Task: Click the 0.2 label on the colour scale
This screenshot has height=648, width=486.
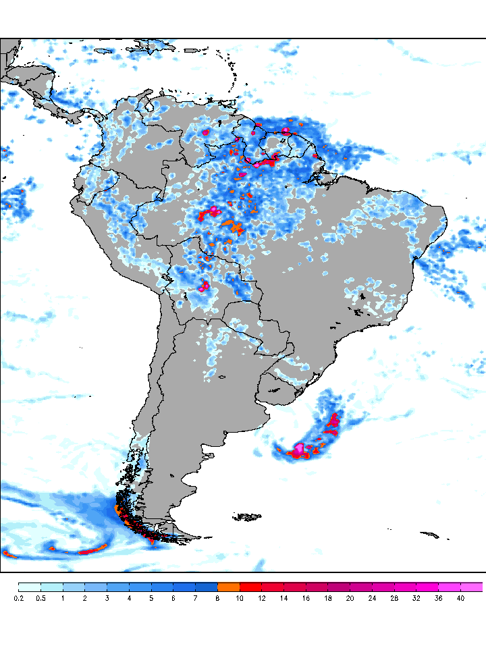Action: tap(19, 598)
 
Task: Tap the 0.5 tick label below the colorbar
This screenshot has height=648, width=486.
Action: tap(40, 598)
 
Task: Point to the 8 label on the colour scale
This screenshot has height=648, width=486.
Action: tap(217, 598)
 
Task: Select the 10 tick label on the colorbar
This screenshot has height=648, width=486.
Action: tap(240, 598)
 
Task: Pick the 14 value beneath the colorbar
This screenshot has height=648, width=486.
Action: tap(283, 598)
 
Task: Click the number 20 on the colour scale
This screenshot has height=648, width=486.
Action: tap(350, 598)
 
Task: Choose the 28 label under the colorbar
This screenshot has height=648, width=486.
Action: tap(394, 598)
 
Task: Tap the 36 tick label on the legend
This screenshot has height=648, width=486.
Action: tap(437, 598)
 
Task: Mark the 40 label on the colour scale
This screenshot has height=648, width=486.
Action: tap(460, 598)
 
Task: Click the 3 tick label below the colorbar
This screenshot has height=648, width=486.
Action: tap(107, 598)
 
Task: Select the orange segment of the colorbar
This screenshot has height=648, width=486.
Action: tap(229, 587)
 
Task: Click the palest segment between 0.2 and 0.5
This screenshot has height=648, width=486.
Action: tap(30, 587)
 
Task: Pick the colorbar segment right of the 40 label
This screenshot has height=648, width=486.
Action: tap(472, 587)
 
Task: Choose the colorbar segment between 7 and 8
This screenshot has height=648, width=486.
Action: tap(207, 587)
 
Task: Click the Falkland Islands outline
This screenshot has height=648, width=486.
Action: tap(248, 517)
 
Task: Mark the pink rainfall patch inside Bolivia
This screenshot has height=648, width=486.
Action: tap(204, 286)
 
